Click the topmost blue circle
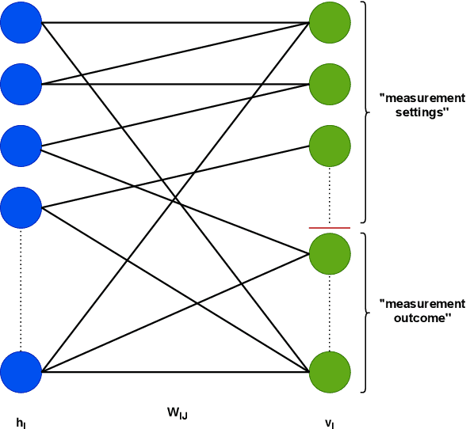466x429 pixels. [21, 22]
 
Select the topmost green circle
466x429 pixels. [330, 22]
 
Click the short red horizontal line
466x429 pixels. [330, 227]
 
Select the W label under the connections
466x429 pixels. [177, 412]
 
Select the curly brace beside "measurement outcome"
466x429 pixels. [365, 311]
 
